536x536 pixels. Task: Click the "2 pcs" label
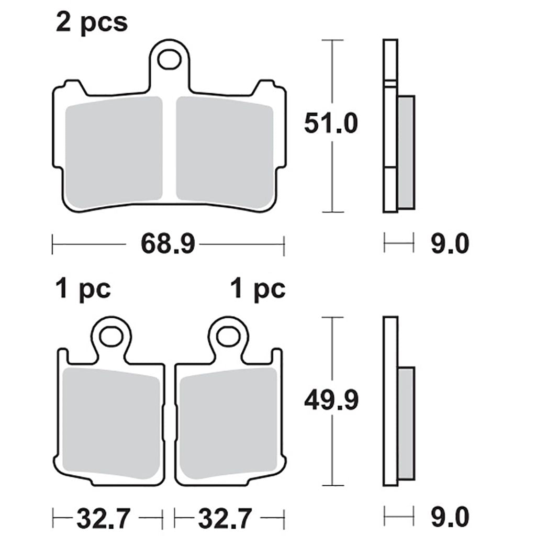[x=92, y=23]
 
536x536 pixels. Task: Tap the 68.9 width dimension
[x=167, y=244]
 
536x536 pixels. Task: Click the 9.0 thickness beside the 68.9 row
[x=450, y=244]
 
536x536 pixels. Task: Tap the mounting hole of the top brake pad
[x=169, y=60]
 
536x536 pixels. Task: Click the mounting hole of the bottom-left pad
[x=111, y=336]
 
